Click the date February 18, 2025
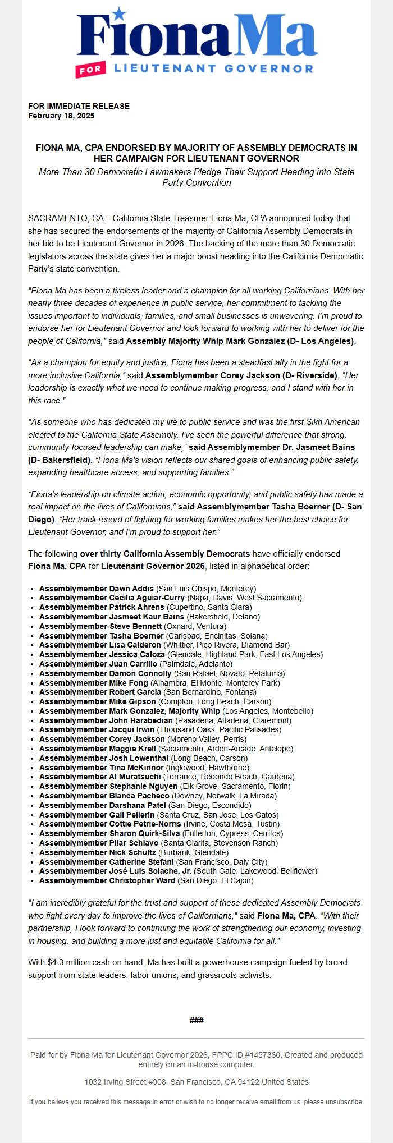61,116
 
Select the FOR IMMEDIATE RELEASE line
79,106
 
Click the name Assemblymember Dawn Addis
97,589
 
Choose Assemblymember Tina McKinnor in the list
102,767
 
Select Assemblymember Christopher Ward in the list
107,880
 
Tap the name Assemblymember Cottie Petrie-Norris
111,824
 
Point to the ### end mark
196,1020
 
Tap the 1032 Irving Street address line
196,1081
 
